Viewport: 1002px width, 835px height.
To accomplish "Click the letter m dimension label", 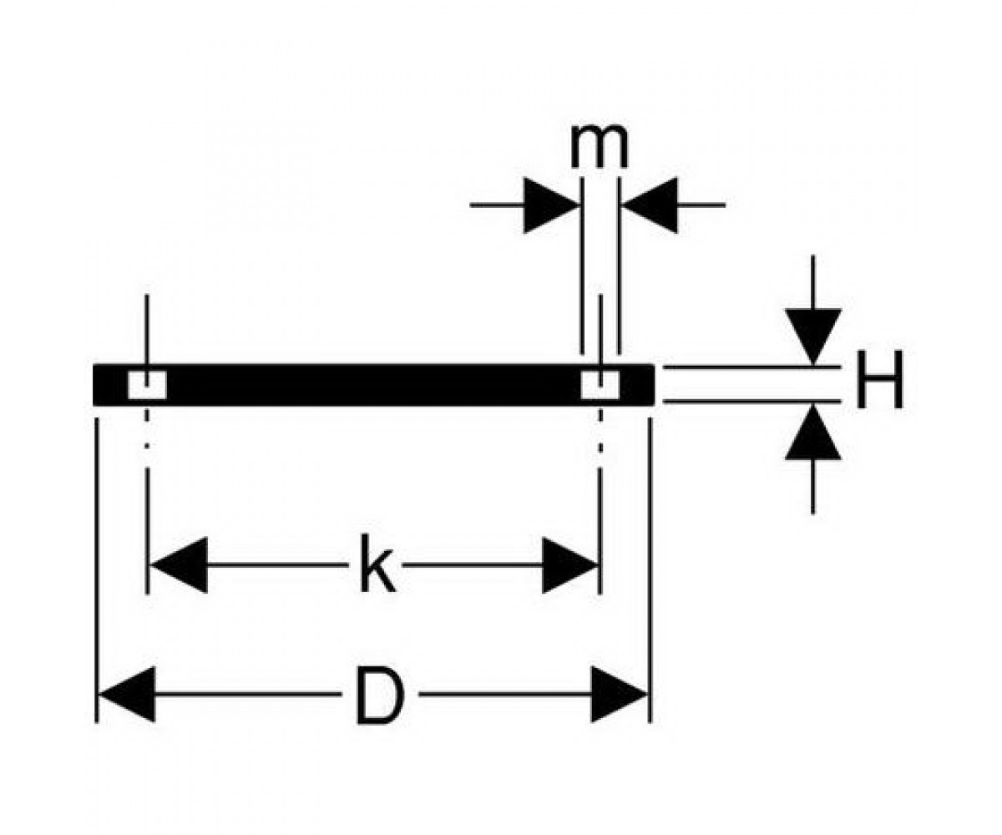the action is (x=600, y=147).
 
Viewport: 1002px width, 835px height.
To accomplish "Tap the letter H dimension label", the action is (x=879, y=380).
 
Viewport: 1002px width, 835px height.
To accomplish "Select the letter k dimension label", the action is (x=377, y=564).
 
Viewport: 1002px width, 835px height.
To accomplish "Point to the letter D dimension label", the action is (x=380, y=695).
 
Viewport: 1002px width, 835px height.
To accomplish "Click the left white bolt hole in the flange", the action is (x=147, y=385).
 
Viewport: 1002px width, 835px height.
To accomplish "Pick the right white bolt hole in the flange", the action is (x=600, y=385).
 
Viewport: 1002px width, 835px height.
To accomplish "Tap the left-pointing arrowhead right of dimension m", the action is (x=650, y=205).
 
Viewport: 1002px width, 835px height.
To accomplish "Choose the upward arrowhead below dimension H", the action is (x=813, y=432).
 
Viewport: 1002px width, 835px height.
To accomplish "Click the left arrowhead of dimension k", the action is (x=179, y=564).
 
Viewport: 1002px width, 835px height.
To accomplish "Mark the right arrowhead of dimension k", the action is (x=570, y=564).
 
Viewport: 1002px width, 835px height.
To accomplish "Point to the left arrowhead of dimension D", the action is (x=127, y=695).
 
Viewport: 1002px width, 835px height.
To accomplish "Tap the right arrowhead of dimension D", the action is (x=619, y=695).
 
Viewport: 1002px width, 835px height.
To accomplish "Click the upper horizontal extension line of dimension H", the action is (x=752, y=367).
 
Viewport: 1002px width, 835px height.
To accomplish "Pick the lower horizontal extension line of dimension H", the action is (x=752, y=401).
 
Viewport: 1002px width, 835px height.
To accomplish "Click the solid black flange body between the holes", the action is (x=374, y=385).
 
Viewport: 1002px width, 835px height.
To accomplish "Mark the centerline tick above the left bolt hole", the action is (x=147, y=332).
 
